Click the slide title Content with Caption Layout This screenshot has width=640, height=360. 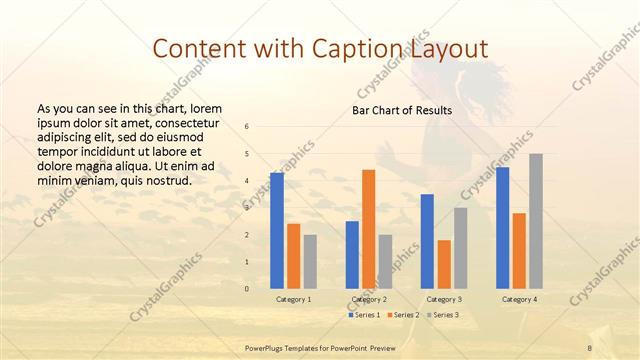click(x=320, y=49)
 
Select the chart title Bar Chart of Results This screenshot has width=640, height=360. click(x=401, y=110)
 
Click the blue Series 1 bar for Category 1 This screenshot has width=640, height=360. click(x=277, y=230)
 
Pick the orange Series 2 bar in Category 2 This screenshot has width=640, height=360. click(x=368, y=228)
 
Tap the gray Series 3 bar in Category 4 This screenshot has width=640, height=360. click(x=536, y=220)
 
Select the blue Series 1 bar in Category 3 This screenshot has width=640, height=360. click(x=427, y=240)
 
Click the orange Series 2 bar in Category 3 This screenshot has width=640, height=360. click(x=444, y=263)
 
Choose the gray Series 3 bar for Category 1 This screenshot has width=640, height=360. click(x=310, y=261)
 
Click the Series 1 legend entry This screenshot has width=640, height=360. click(x=365, y=315)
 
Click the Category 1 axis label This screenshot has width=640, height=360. click(x=294, y=299)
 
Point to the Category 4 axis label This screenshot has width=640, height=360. click(x=519, y=299)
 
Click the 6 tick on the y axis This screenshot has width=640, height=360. click(x=247, y=127)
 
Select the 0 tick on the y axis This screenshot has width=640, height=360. click(x=247, y=288)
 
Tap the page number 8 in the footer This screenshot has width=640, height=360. click(x=589, y=347)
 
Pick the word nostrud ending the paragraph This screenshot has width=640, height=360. click(x=164, y=180)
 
